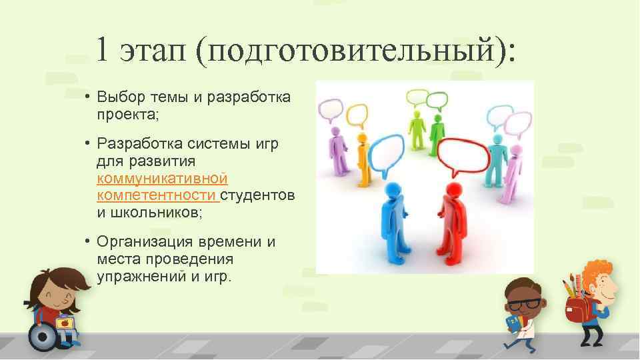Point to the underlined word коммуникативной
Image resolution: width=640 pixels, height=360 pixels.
tap(162, 179)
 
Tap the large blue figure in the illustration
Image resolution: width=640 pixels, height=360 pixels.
tap(393, 220)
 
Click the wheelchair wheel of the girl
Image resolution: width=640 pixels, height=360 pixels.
tap(43, 337)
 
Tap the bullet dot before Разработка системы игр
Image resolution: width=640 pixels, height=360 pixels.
tap(87, 145)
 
